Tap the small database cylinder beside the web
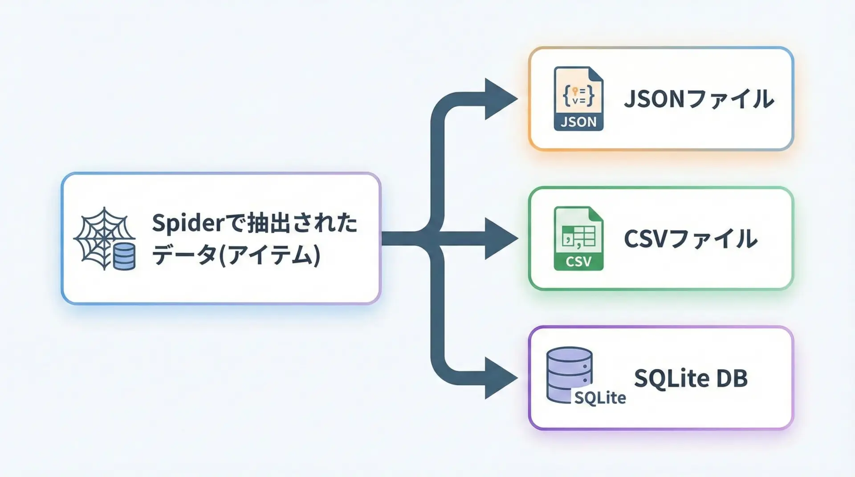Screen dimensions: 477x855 coord(124,257)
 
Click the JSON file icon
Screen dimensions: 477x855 coord(578,99)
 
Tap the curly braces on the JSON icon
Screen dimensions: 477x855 coord(578,95)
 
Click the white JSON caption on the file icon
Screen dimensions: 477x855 coord(578,122)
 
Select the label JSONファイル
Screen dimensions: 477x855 coord(699,99)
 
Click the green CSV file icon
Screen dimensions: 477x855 coord(578,238)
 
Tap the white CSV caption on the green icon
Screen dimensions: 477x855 coord(578,262)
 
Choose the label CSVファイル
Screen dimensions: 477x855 coord(690,239)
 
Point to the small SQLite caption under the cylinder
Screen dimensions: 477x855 coord(600,398)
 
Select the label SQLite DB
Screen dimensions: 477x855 coord(691,379)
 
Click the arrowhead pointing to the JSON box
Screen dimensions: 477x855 coord(500,99)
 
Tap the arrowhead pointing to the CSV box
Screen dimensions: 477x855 coord(500,238)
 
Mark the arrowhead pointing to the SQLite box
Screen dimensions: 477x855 coord(500,378)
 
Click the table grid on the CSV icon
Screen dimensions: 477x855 coord(579,236)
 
